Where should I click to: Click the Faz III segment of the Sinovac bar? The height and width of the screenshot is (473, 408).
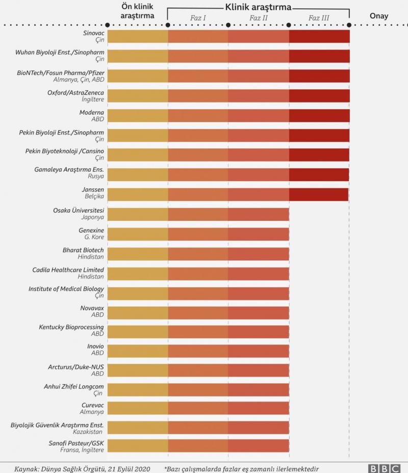(x=319, y=36)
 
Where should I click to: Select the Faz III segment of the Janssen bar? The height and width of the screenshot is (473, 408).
(x=319, y=194)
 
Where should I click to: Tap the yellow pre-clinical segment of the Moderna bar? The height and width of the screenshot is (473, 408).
(x=138, y=115)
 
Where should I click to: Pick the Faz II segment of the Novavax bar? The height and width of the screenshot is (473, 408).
(x=259, y=313)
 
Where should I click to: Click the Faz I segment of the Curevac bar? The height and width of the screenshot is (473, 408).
(x=198, y=408)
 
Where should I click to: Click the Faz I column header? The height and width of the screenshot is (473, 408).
(x=198, y=18)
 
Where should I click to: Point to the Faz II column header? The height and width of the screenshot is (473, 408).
(x=259, y=18)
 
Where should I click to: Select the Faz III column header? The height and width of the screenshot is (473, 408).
(x=319, y=18)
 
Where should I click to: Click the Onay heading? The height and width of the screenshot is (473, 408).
(x=378, y=16)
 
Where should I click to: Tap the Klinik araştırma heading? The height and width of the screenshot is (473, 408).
(x=258, y=8)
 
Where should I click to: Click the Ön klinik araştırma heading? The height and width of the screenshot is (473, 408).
(x=138, y=11)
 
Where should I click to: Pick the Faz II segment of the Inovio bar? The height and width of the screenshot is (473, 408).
(x=259, y=351)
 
